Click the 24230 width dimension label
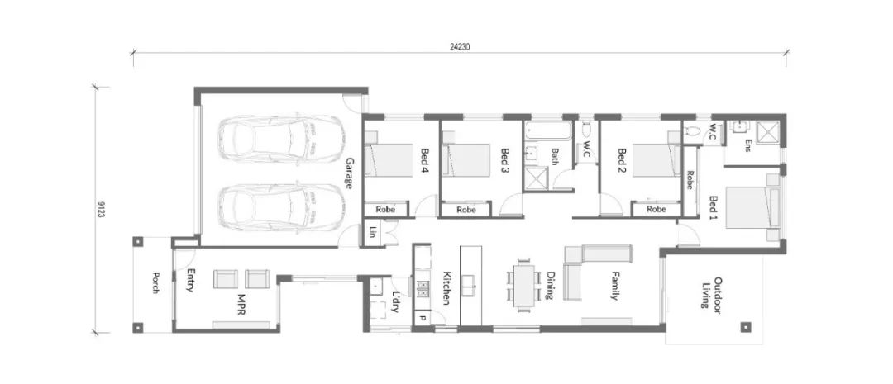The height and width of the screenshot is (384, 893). click(x=459, y=47)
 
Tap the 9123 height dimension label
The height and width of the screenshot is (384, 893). click(x=101, y=209)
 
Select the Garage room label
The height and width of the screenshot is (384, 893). click(x=349, y=173)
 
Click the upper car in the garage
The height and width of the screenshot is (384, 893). click(x=281, y=139)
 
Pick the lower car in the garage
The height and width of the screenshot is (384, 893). click(x=281, y=207)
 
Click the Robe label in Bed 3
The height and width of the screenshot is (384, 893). click(x=466, y=210)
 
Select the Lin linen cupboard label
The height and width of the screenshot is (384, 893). click(x=372, y=233)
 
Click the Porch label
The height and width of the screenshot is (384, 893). click(x=155, y=282)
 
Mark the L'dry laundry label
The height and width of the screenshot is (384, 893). click(x=396, y=301)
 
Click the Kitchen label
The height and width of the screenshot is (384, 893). click(x=446, y=287)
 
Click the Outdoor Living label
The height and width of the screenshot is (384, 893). click(x=712, y=292)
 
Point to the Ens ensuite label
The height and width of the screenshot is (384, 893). click(x=747, y=146)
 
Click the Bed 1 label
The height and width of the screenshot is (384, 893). click(x=714, y=208)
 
